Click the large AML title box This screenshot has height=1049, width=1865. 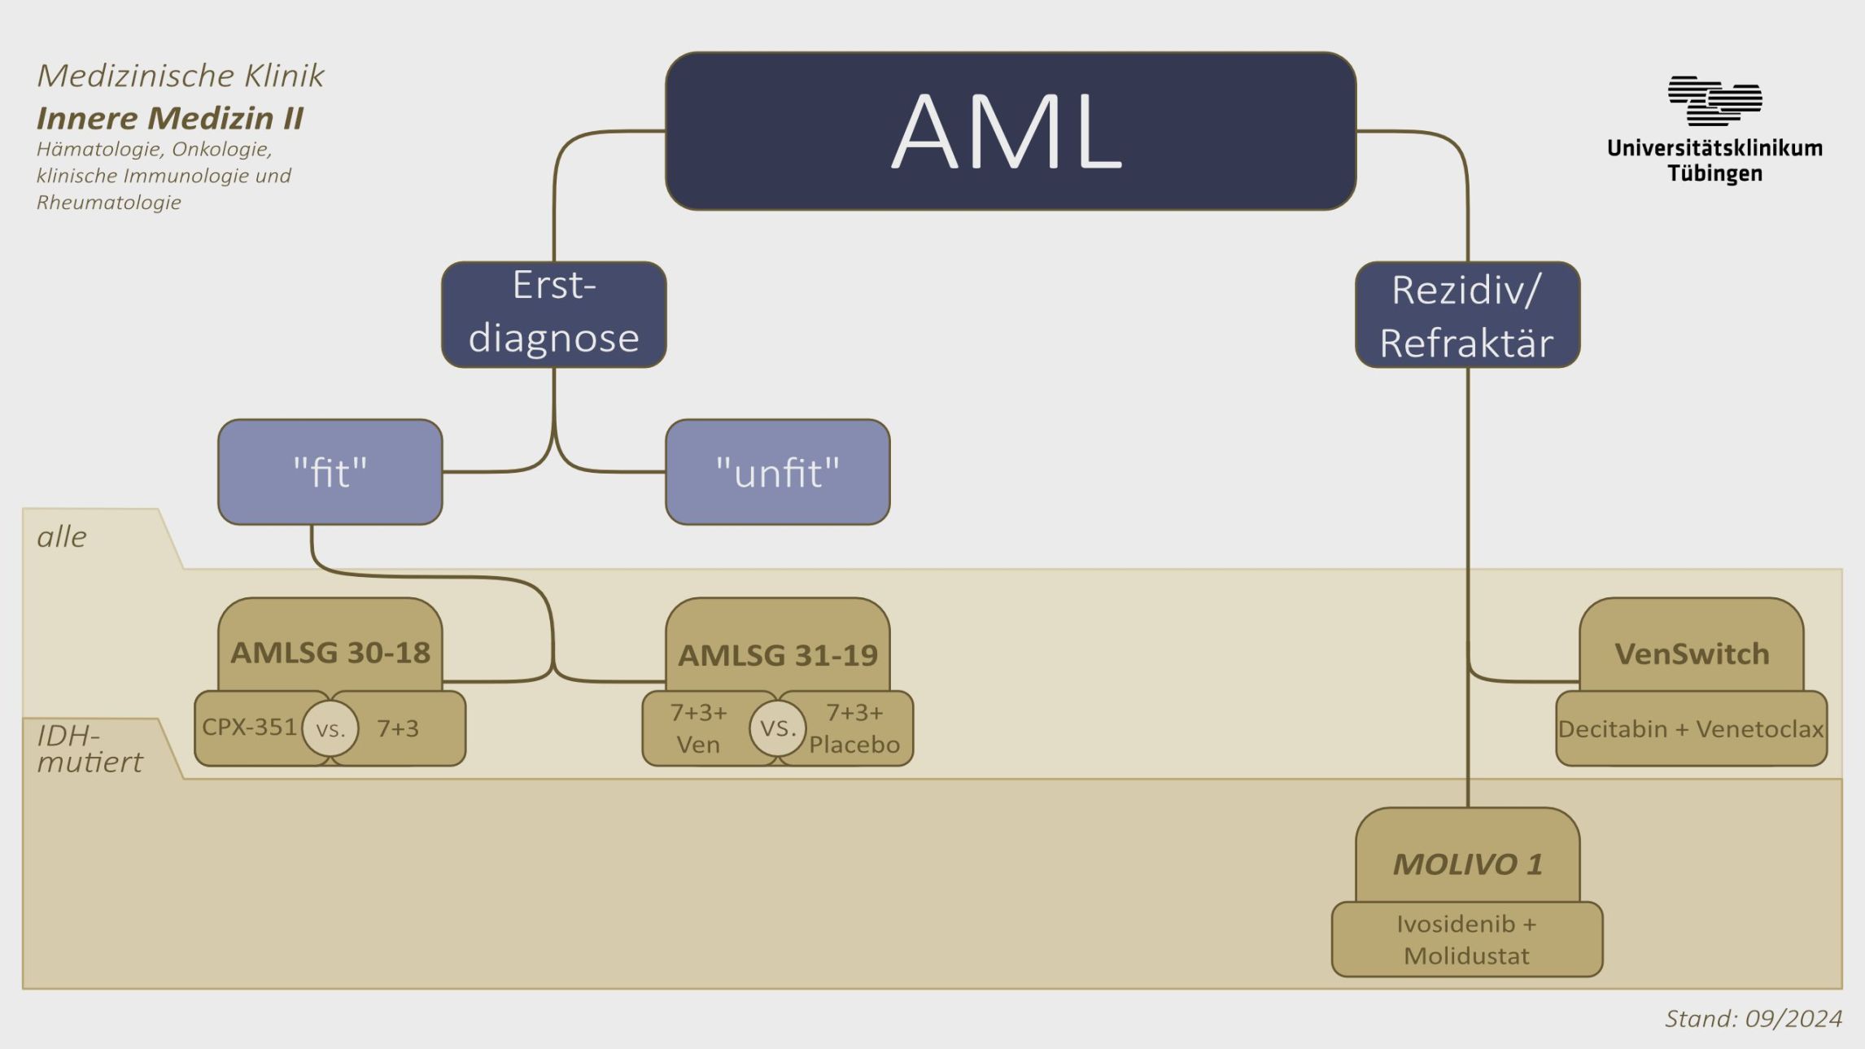click(x=1010, y=131)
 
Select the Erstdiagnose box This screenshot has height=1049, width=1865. click(x=553, y=314)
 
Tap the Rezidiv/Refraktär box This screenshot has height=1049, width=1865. click(x=1467, y=315)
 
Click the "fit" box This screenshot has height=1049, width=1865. click(x=330, y=472)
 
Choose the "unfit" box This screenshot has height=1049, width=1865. click(x=777, y=472)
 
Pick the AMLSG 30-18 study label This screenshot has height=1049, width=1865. click(x=330, y=652)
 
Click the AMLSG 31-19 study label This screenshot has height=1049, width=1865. click(x=777, y=654)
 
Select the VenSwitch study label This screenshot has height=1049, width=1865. click(x=1691, y=653)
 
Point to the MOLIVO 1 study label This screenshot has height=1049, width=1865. click(x=1467, y=863)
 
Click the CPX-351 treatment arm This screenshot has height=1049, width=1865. click(x=249, y=727)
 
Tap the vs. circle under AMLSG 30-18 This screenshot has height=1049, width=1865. click(x=330, y=728)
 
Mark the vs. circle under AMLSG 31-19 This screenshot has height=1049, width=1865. click(x=778, y=728)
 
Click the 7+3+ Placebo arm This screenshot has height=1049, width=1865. click(x=854, y=728)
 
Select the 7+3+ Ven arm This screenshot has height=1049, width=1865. click(x=697, y=728)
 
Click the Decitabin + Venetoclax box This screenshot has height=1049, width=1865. click(x=1691, y=728)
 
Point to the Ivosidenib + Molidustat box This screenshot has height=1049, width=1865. click(x=1466, y=939)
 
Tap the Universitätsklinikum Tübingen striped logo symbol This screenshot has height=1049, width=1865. click(x=1714, y=101)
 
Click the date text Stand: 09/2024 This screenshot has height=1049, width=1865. click(x=1753, y=1018)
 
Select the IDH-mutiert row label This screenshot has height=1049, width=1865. click(x=90, y=749)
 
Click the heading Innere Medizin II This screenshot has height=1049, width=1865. click(x=170, y=118)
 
